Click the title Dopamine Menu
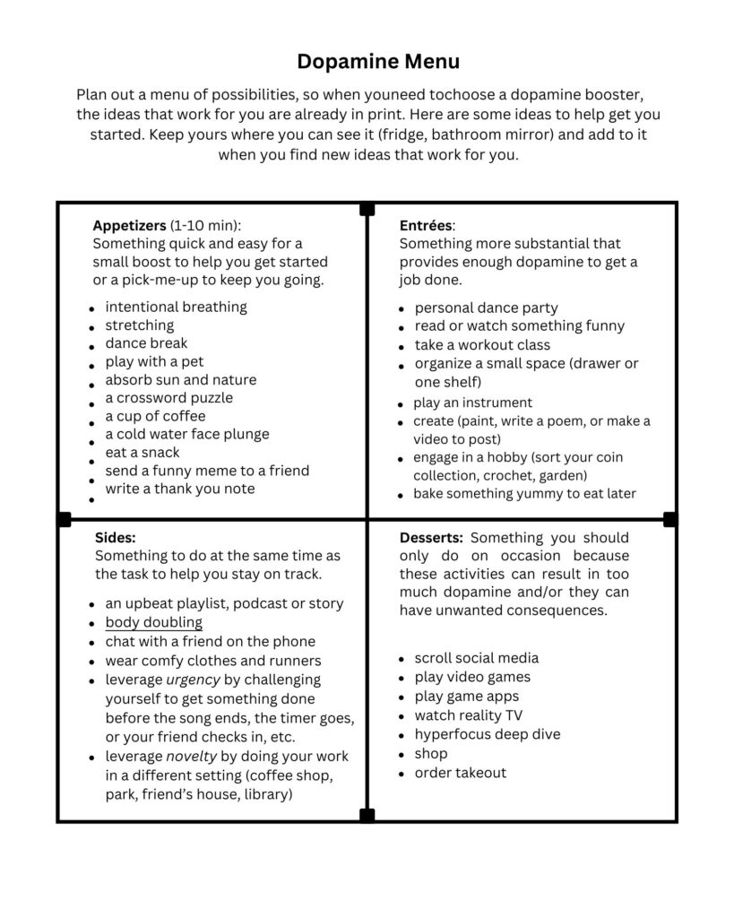coord(377,61)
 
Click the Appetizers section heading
coord(129,225)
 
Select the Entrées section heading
coord(426,225)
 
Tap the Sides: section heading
coord(115,537)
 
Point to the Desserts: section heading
coord(431,537)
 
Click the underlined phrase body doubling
coord(153,622)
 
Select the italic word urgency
coord(194,680)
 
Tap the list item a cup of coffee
coord(155,416)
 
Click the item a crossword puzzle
coord(168,397)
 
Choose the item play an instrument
coord(472,403)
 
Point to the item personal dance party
coord(486,307)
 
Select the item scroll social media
coord(476,657)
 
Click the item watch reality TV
coord(468,714)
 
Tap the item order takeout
coord(460,772)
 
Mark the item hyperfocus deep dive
coord(487,733)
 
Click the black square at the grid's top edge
coord(367,209)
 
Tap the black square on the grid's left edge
coord(64,519)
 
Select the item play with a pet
coord(154,361)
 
